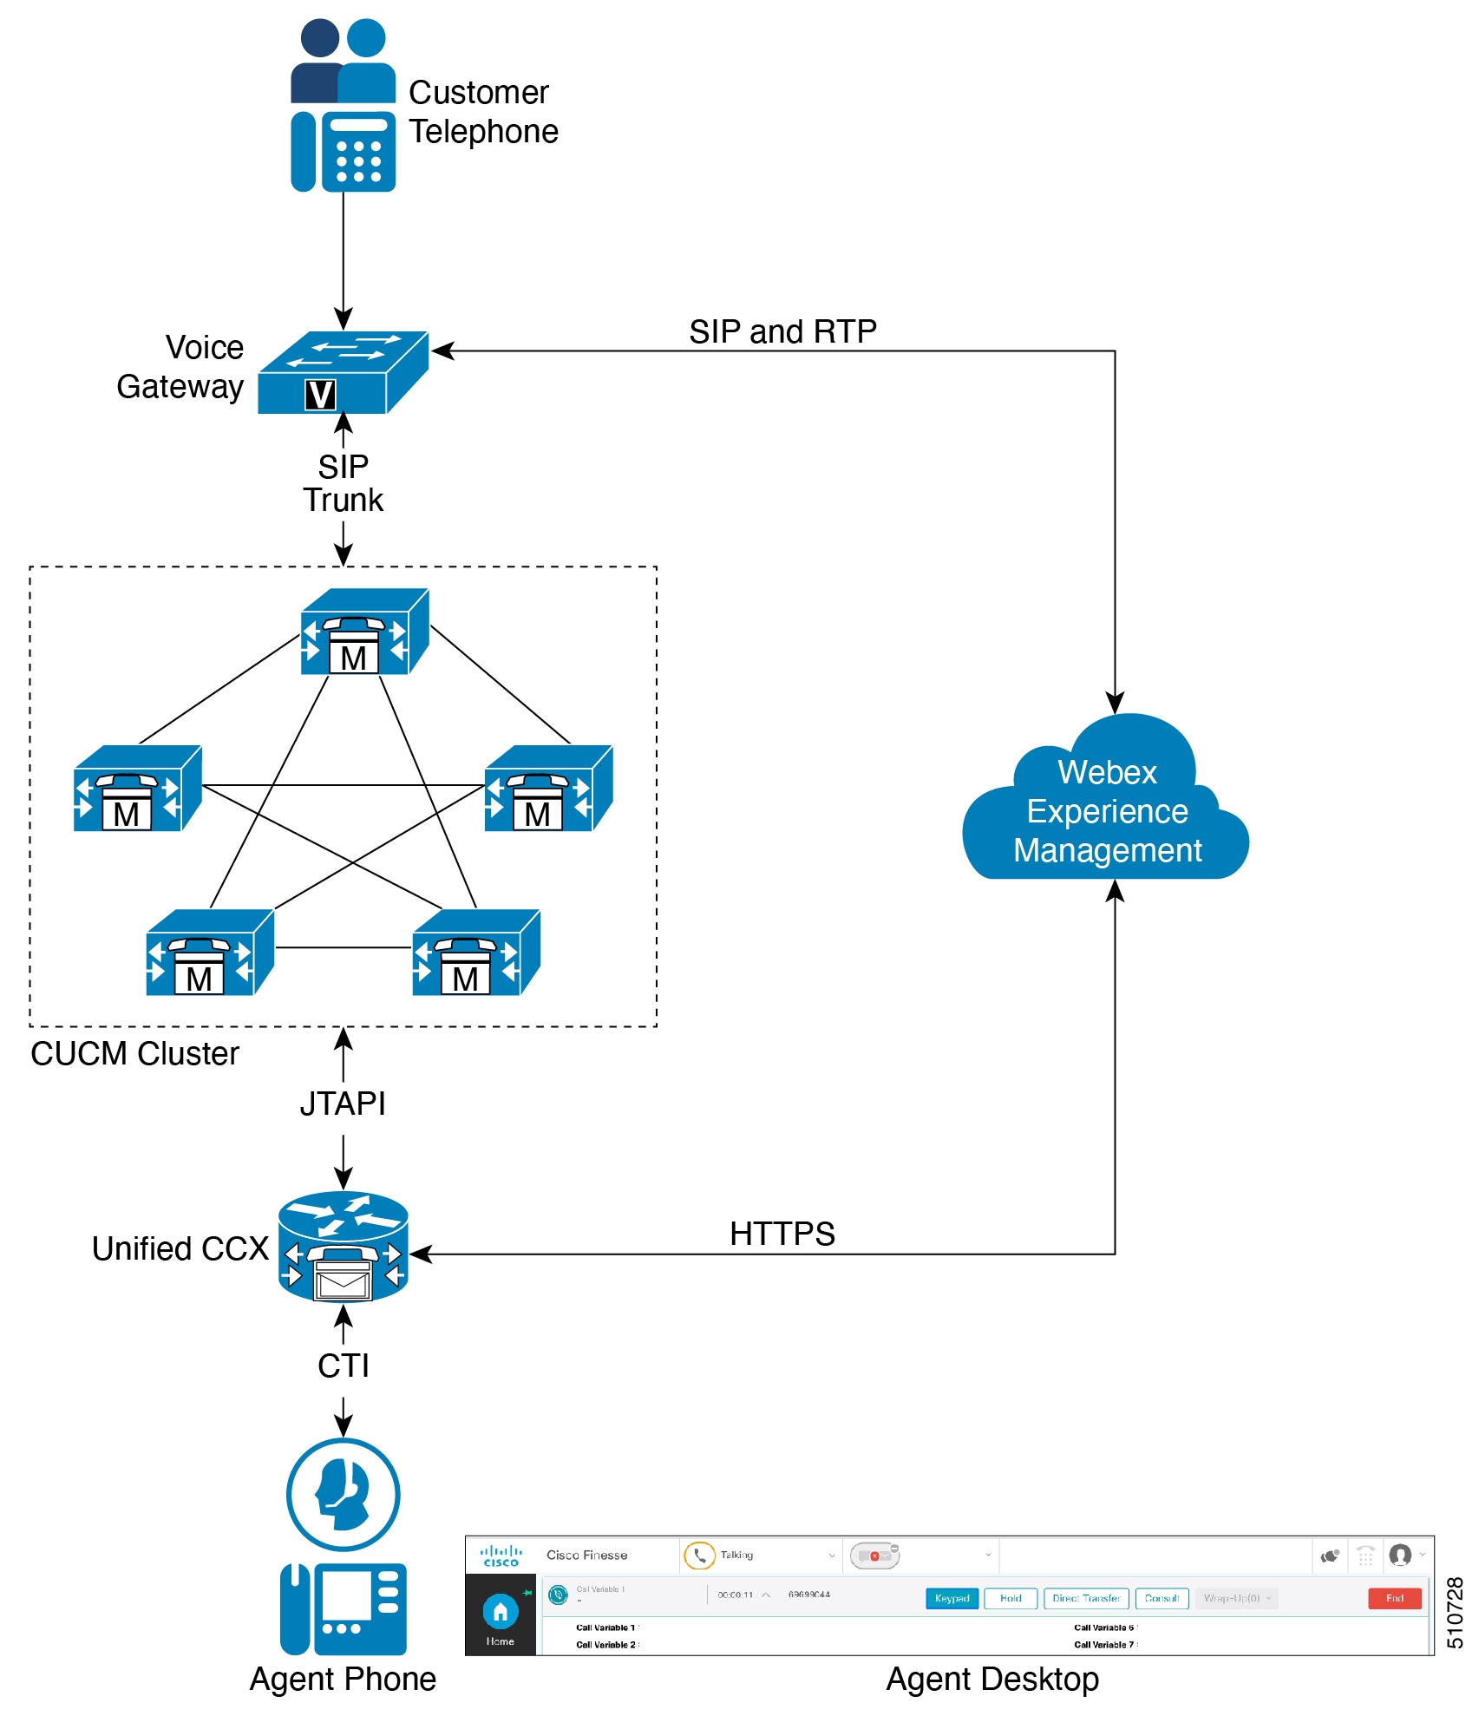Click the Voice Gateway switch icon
(x=343, y=372)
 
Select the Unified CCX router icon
(x=344, y=1247)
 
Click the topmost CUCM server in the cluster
(x=364, y=632)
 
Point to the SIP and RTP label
(x=782, y=331)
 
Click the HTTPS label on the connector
(x=782, y=1233)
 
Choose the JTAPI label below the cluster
(x=343, y=1104)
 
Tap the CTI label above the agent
(x=344, y=1366)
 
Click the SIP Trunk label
(x=344, y=483)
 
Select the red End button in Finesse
(x=1394, y=1598)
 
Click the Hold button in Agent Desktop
(x=1011, y=1598)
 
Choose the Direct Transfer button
(x=1086, y=1598)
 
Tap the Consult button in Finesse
(x=1162, y=1598)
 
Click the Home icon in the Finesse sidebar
(x=501, y=1613)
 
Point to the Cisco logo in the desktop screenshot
(x=501, y=1556)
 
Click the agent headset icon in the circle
(x=344, y=1494)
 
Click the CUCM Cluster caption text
(x=134, y=1053)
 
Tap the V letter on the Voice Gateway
(x=320, y=395)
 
